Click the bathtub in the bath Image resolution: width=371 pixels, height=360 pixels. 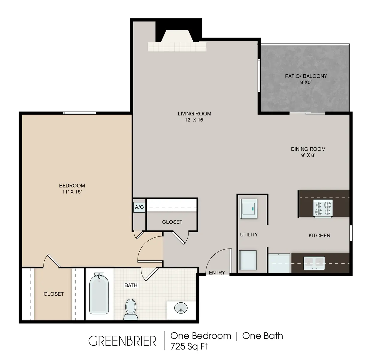(x=99, y=294)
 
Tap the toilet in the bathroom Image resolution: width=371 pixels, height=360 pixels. (x=130, y=309)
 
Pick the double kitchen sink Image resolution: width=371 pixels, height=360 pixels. (x=314, y=263)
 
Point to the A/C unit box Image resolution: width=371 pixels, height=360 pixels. (x=139, y=207)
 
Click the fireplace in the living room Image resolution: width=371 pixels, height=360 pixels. (x=177, y=40)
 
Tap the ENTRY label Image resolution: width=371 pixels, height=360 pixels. (x=217, y=273)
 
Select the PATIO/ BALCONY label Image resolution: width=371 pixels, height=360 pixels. (x=306, y=76)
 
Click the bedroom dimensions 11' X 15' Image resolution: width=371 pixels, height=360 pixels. (x=72, y=192)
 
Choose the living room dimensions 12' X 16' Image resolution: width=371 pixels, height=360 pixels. (x=194, y=120)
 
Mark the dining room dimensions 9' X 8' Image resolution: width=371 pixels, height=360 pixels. (x=308, y=155)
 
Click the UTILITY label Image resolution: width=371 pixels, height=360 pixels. (x=249, y=235)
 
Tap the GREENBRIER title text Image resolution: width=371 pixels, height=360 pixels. (x=122, y=341)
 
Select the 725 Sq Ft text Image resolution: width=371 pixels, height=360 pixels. (x=189, y=346)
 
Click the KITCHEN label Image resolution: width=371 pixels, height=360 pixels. (x=319, y=236)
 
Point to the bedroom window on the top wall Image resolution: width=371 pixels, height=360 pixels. (x=79, y=113)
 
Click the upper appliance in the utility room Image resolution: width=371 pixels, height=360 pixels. (x=248, y=208)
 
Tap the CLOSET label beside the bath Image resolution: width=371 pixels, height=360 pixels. (x=54, y=294)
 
